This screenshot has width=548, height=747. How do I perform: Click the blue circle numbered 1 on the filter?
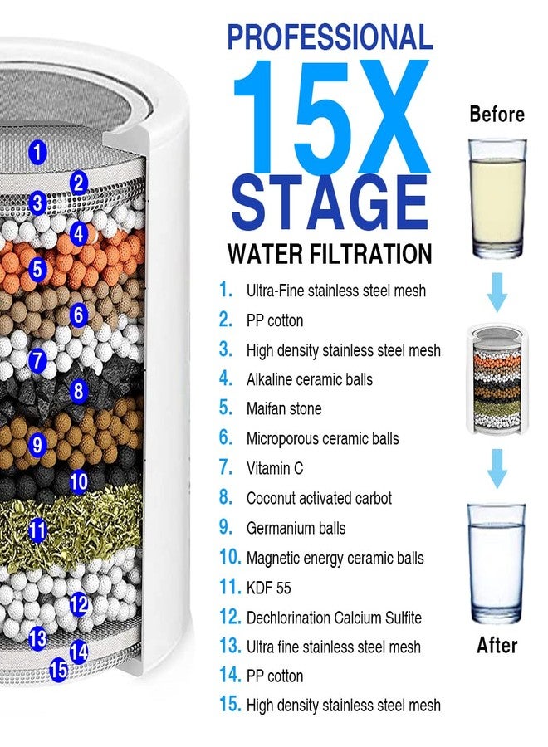(x=37, y=152)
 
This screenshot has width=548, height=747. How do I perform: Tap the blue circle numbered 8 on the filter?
(x=78, y=390)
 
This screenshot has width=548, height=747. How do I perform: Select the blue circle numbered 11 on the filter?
(x=37, y=530)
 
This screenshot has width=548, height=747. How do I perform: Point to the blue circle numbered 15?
(x=58, y=669)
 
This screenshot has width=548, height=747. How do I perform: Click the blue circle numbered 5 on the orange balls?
(x=37, y=270)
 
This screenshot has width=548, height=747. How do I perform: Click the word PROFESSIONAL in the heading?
(x=330, y=37)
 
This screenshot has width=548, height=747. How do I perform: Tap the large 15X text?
(x=330, y=116)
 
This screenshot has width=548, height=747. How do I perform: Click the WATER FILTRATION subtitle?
(x=330, y=253)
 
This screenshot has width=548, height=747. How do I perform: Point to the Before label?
(x=497, y=115)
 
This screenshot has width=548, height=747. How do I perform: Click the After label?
(x=497, y=645)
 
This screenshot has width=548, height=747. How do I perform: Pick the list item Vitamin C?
(x=274, y=469)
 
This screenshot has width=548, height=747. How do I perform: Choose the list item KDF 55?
(x=268, y=588)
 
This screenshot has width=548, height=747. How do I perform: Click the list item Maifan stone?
(x=283, y=409)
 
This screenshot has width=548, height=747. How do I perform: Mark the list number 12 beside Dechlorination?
(x=229, y=617)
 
